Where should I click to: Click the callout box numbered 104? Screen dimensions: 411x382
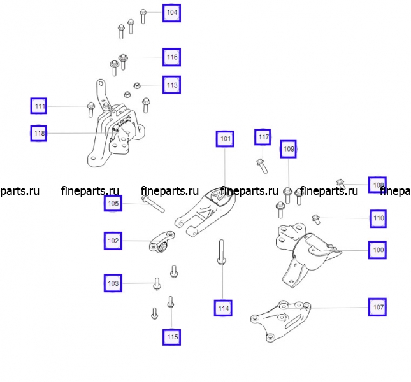(x=171, y=13)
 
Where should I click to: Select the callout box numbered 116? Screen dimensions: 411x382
(x=171, y=57)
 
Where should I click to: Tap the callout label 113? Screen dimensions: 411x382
(x=171, y=85)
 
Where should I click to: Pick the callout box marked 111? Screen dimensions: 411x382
(x=39, y=106)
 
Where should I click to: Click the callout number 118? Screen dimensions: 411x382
(x=39, y=133)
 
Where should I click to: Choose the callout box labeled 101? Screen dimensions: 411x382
(x=225, y=139)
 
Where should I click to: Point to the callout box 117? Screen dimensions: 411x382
(x=263, y=137)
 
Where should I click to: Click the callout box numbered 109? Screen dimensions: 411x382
(x=288, y=149)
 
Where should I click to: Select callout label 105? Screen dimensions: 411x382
(x=113, y=203)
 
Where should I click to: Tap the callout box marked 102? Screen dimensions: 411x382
(x=113, y=241)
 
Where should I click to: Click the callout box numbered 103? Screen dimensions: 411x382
(x=113, y=283)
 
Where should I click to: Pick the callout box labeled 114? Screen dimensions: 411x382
(x=223, y=308)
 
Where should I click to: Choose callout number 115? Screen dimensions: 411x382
(x=171, y=337)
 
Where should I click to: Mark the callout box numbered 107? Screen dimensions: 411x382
(x=377, y=307)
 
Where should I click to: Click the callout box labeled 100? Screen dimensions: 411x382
(x=377, y=250)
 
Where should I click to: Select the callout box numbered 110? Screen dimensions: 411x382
(x=379, y=218)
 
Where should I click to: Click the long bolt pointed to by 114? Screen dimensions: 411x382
(x=222, y=252)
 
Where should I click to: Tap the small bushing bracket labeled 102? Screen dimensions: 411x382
(x=162, y=242)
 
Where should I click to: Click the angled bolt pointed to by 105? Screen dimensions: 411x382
(x=153, y=204)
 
